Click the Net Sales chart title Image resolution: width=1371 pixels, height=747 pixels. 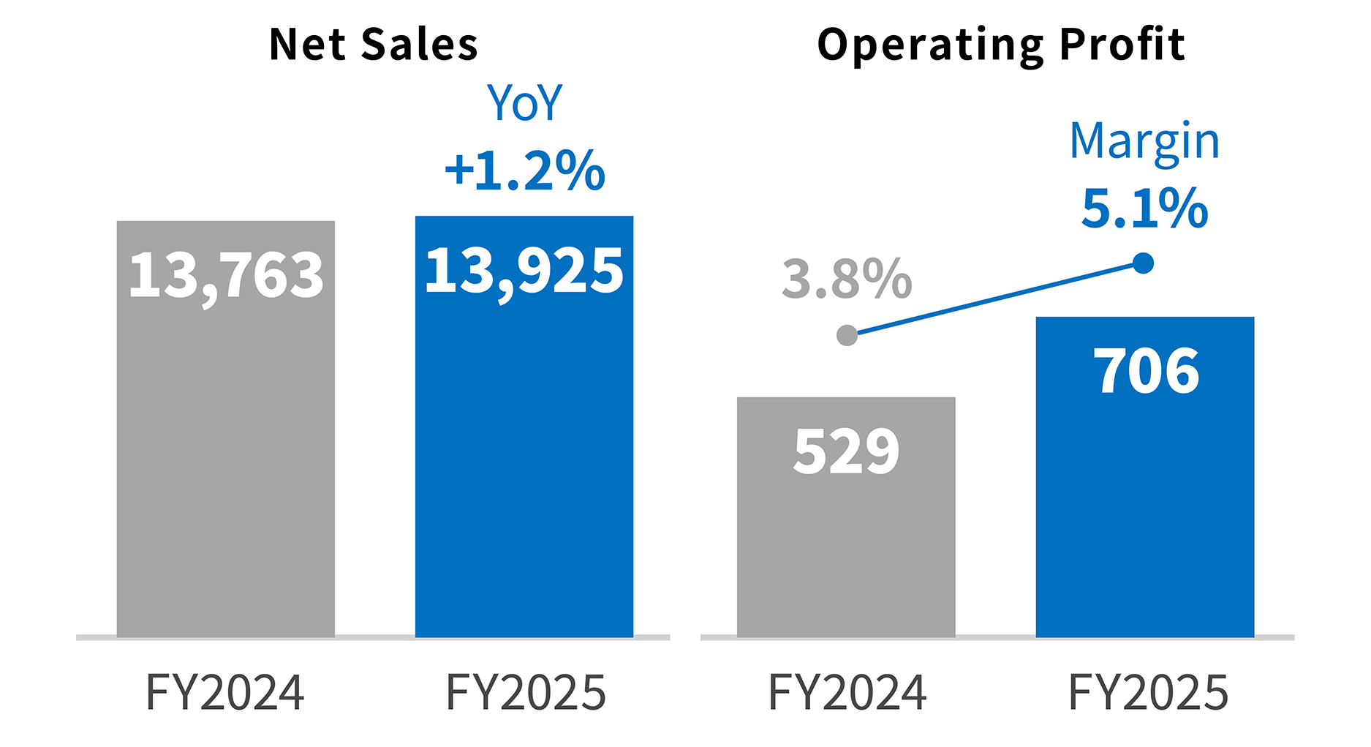pos(373,45)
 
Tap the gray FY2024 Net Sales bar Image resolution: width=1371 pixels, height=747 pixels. pos(225,468)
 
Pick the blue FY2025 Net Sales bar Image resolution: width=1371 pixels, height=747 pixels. pos(524,468)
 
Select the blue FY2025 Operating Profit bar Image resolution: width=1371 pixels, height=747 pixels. pos(1144,512)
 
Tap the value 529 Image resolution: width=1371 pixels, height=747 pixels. pos(846,451)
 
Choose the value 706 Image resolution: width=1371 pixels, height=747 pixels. pos(1146,372)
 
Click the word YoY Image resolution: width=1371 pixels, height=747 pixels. pos(524,103)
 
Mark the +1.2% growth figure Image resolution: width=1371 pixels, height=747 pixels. pos(524,171)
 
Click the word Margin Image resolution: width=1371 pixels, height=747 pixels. pos(1144,140)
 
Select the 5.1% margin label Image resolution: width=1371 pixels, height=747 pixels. pos(1144,209)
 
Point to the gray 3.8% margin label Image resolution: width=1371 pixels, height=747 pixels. pos(847,279)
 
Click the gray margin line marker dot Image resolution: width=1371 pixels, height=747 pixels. pos(847,335)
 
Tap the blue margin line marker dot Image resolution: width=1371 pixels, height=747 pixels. pos(1143,263)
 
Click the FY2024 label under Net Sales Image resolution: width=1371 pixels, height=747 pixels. pos(225,692)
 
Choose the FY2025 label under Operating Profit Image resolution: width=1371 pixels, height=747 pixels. pos(1148,692)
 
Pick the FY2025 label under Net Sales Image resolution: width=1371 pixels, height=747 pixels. pos(526,692)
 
